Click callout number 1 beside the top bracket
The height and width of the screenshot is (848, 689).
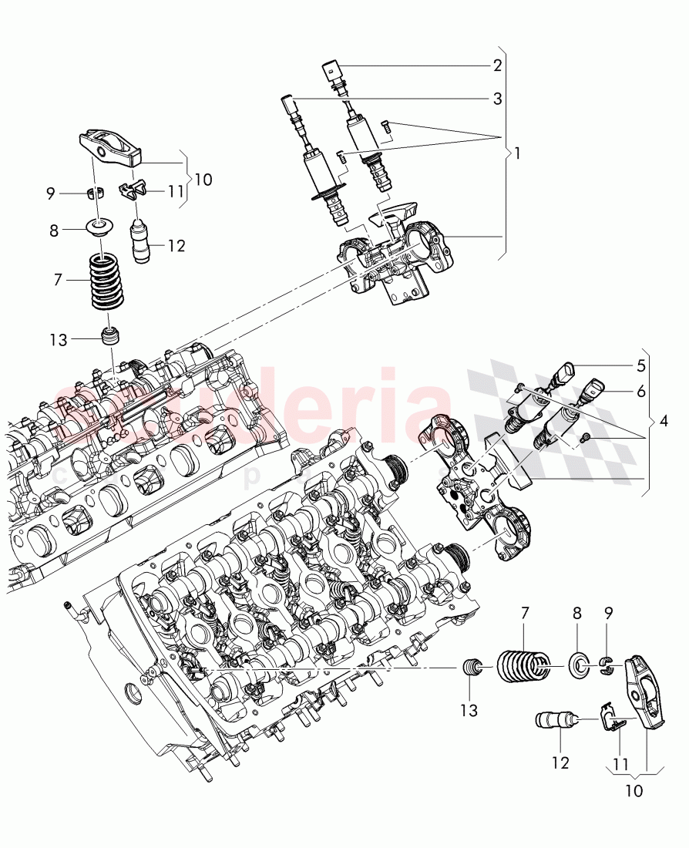click(517, 153)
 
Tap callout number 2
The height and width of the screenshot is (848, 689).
click(497, 65)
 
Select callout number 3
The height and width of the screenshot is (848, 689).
click(497, 99)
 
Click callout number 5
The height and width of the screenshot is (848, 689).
click(640, 367)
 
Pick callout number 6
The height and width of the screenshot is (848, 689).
click(640, 391)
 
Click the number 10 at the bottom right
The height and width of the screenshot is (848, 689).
click(632, 791)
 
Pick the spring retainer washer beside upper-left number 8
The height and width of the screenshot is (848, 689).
click(99, 229)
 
